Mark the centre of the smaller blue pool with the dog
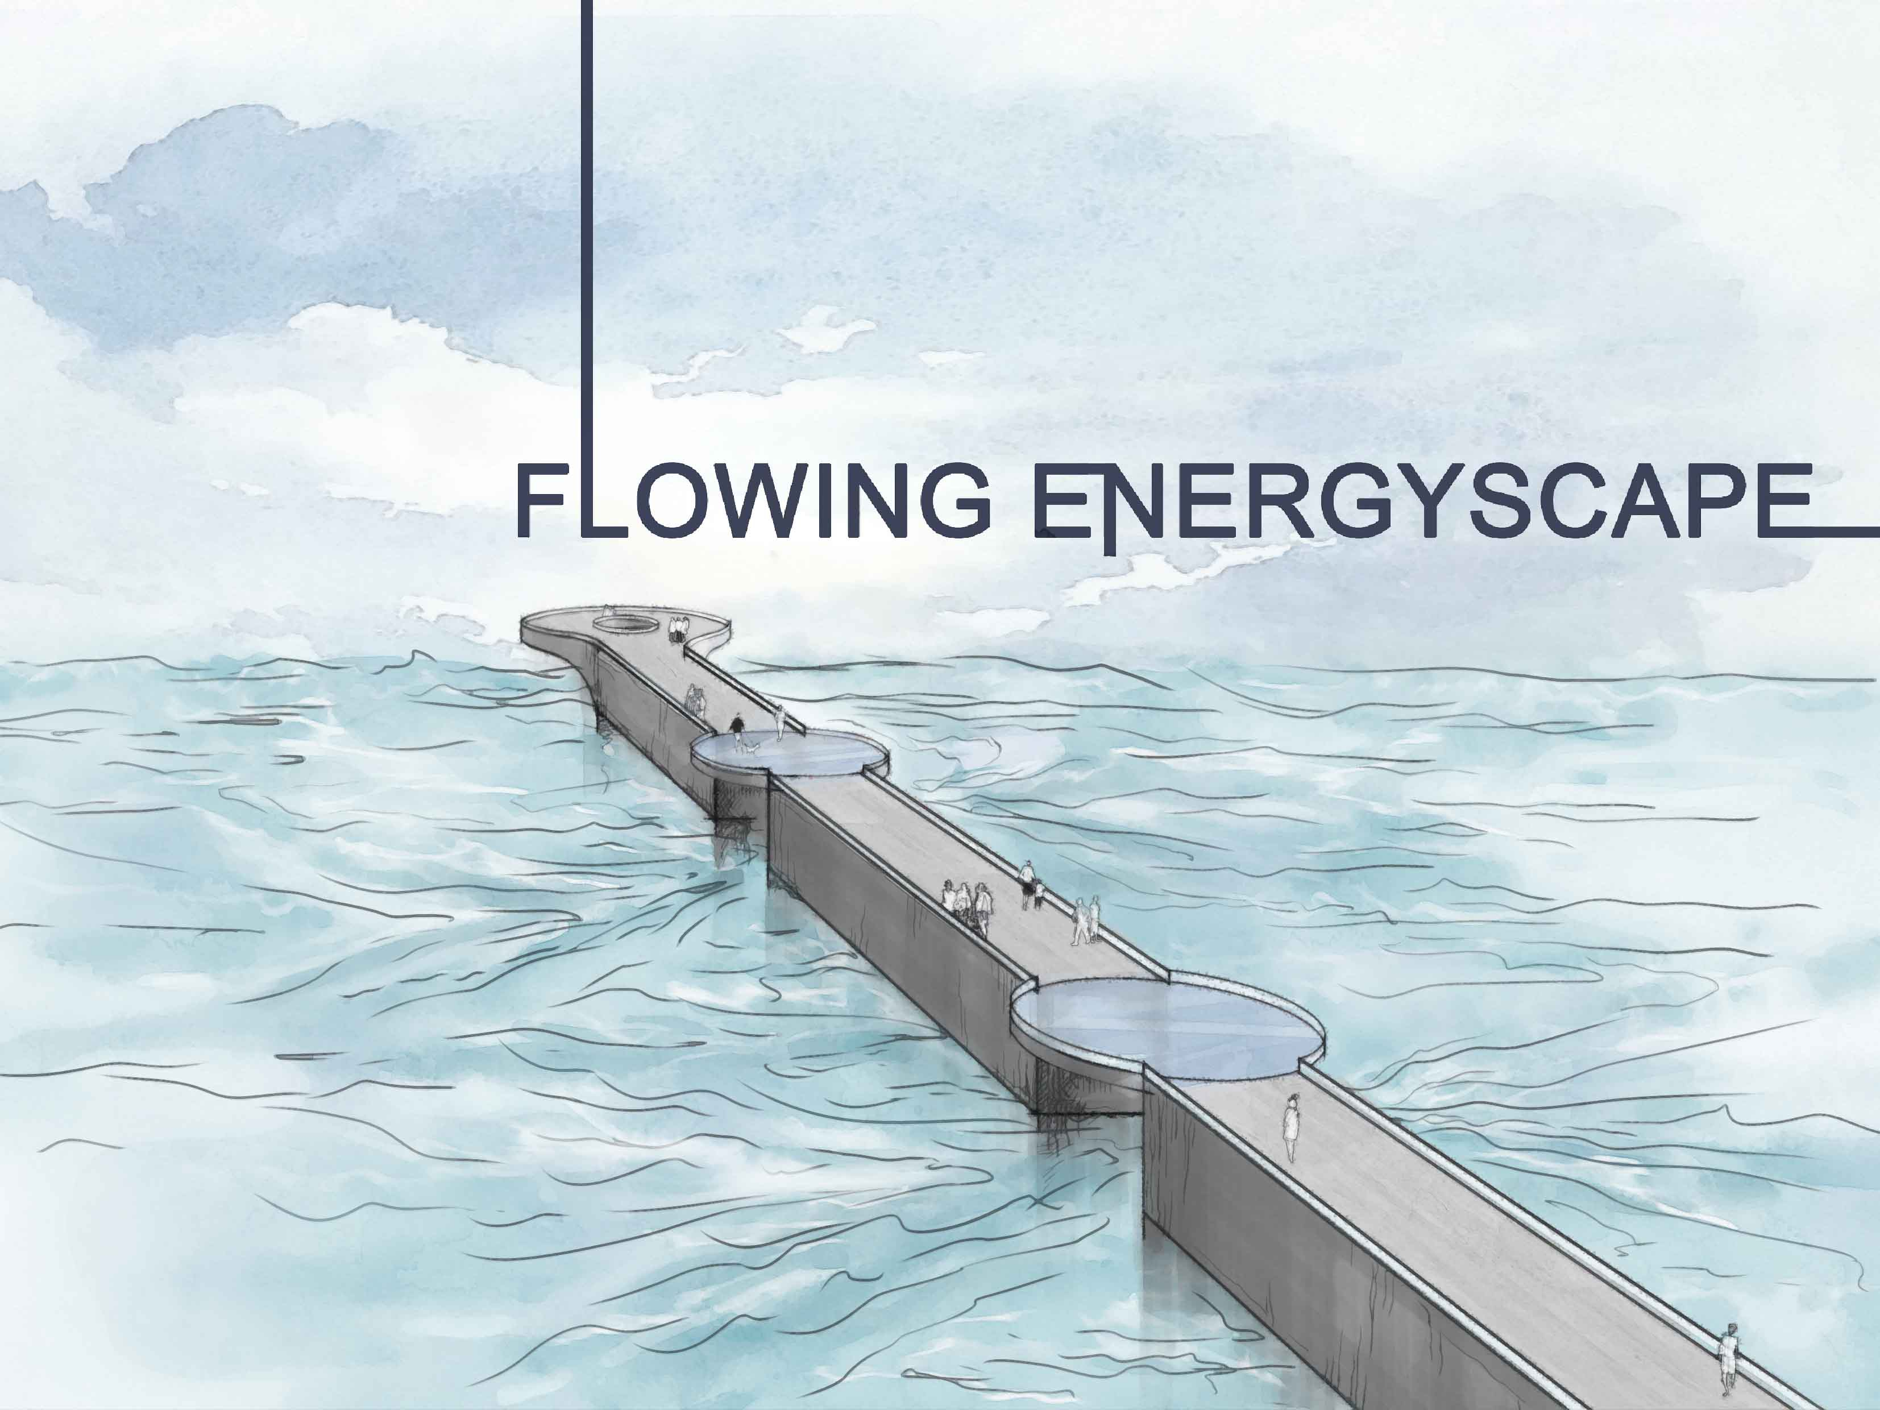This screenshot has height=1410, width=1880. click(788, 752)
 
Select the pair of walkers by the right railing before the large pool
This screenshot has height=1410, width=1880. click(1086, 920)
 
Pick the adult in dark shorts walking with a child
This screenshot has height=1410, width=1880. click(1027, 884)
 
